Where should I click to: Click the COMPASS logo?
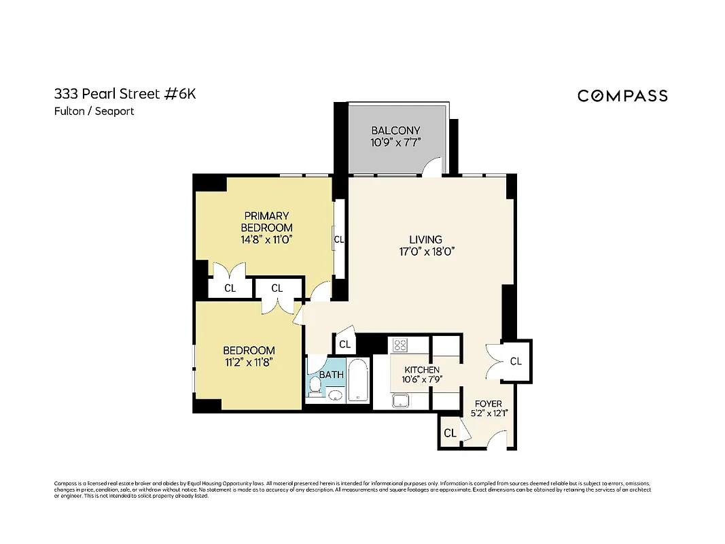coord(622,96)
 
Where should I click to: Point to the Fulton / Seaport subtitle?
coord(94,112)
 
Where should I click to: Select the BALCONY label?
coord(395,131)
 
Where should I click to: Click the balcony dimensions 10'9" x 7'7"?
coord(395,143)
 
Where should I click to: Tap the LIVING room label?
coord(425,239)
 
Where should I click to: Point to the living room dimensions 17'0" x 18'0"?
coord(425,252)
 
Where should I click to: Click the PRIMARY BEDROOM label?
coord(267,222)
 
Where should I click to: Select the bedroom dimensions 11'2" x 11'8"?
coord(249,363)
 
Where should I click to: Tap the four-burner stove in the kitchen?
coord(400,345)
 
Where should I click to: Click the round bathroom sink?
coord(334,396)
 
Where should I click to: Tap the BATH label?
coord(332,375)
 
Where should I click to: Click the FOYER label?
coord(488,404)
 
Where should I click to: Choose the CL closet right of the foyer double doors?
coord(516,361)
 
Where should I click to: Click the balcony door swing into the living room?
coord(432,167)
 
